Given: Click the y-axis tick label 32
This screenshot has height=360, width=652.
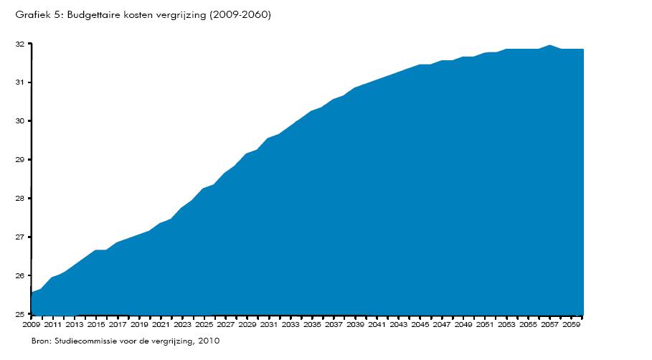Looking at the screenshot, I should pyautogui.click(x=21, y=44).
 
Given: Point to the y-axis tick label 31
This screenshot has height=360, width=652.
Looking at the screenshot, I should pyautogui.click(x=21, y=83).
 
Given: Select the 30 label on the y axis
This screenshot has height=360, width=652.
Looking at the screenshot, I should pyautogui.click(x=21, y=121).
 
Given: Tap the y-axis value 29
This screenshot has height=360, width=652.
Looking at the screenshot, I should pyautogui.click(x=21, y=160).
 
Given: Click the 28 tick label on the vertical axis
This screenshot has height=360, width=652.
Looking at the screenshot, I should pyautogui.click(x=21, y=199).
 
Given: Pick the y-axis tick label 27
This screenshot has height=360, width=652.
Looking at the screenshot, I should pyautogui.click(x=21, y=237).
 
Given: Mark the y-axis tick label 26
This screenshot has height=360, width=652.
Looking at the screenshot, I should pyautogui.click(x=21, y=276).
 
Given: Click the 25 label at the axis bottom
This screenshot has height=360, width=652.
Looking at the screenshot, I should pyautogui.click(x=21, y=314).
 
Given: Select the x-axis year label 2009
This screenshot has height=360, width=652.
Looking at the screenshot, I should pyautogui.click(x=32, y=325).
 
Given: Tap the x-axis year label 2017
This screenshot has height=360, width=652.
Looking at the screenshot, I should pyautogui.click(x=118, y=325).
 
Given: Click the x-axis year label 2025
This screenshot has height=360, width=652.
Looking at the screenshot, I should pyautogui.click(x=204, y=325).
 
